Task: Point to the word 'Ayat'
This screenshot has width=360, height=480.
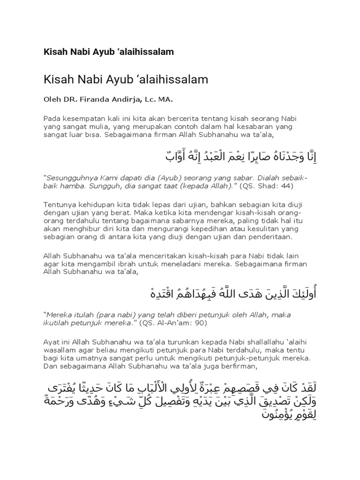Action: (x=52, y=342)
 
